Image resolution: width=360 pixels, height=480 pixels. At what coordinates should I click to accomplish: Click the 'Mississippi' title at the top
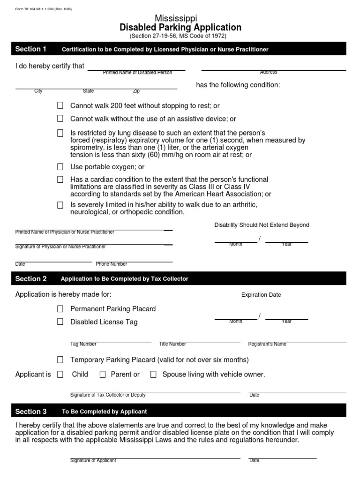[x=180, y=18]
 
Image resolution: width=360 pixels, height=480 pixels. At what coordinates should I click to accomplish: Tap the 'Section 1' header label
[x=31, y=49]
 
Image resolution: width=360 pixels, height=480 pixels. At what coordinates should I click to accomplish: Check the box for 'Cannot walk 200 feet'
[x=60, y=105]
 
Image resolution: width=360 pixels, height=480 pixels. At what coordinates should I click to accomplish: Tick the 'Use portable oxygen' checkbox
[x=60, y=166]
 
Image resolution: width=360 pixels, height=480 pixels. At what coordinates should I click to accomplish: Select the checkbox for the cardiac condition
[x=60, y=179]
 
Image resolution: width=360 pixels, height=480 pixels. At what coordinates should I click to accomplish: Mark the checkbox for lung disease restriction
[x=60, y=133]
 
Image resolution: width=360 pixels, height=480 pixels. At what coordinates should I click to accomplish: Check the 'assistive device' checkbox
[x=60, y=119]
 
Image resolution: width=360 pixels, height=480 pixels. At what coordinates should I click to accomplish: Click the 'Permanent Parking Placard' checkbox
[x=60, y=309]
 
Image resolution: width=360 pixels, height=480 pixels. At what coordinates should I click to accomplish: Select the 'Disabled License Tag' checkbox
[x=60, y=322]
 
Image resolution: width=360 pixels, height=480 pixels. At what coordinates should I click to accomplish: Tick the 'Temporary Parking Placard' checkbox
[x=60, y=360]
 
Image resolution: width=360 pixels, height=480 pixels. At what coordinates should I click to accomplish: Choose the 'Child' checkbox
[x=60, y=374]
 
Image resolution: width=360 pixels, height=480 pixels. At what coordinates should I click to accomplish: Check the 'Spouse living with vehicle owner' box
[x=153, y=374]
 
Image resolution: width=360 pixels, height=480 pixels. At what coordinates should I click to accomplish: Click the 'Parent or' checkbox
[x=103, y=374]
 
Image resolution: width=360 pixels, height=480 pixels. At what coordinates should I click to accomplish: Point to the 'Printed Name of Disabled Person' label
[x=137, y=73]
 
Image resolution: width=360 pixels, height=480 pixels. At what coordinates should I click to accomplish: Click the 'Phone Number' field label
[x=112, y=264]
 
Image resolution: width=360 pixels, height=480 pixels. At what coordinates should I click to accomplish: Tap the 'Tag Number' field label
[x=83, y=344]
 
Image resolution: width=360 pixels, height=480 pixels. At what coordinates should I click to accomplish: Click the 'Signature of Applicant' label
[x=93, y=460]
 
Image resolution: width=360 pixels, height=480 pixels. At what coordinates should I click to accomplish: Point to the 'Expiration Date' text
[x=261, y=295]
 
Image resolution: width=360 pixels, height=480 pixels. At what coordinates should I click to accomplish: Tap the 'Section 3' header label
[x=31, y=412]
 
